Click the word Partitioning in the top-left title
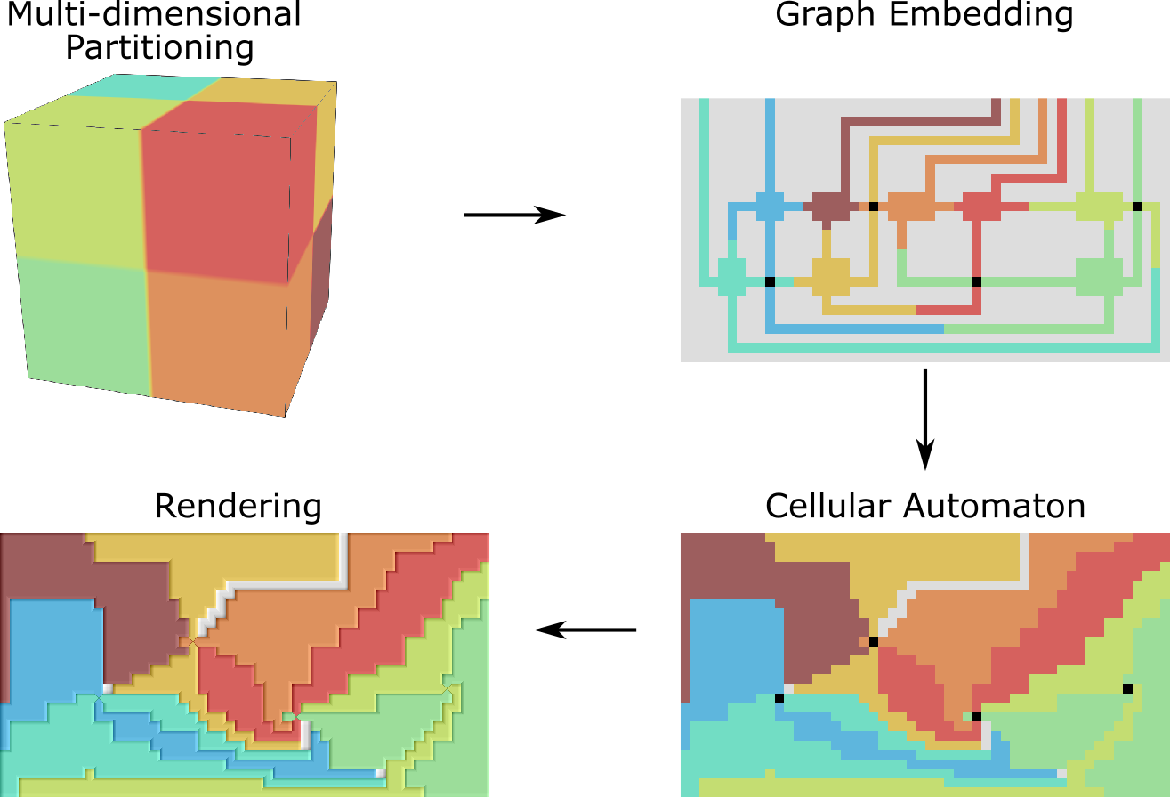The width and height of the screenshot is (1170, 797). coord(160,46)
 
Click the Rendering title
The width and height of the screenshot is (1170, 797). coord(238,507)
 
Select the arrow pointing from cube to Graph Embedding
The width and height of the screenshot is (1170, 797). coord(514,215)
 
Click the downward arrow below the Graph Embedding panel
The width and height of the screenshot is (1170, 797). coord(925,419)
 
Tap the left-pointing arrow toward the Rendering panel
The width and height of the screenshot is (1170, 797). coord(585,630)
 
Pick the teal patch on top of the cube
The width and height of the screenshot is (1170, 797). coord(142,87)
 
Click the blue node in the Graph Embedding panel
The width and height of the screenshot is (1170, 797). coord(770,206)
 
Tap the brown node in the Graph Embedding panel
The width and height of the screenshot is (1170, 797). coord(827,206)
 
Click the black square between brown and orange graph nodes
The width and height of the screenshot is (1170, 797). coord(874,206)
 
